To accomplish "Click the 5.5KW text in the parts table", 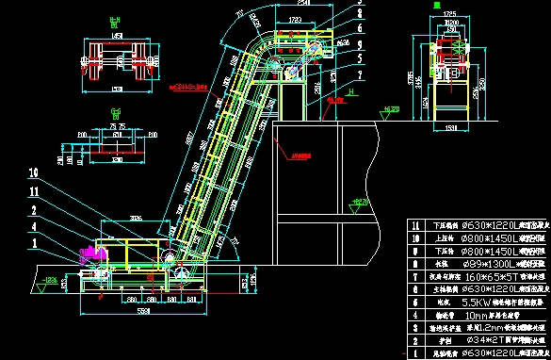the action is tap(462, 303).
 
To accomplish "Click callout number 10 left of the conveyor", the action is tap(34, 173).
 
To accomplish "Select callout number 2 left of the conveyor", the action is tap(34, 210).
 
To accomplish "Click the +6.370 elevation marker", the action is tap(391, 110).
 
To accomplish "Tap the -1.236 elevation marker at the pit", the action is tap(48, 280).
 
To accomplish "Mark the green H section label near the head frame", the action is tap(350, 93).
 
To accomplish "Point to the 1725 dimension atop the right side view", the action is tap(449, 14).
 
